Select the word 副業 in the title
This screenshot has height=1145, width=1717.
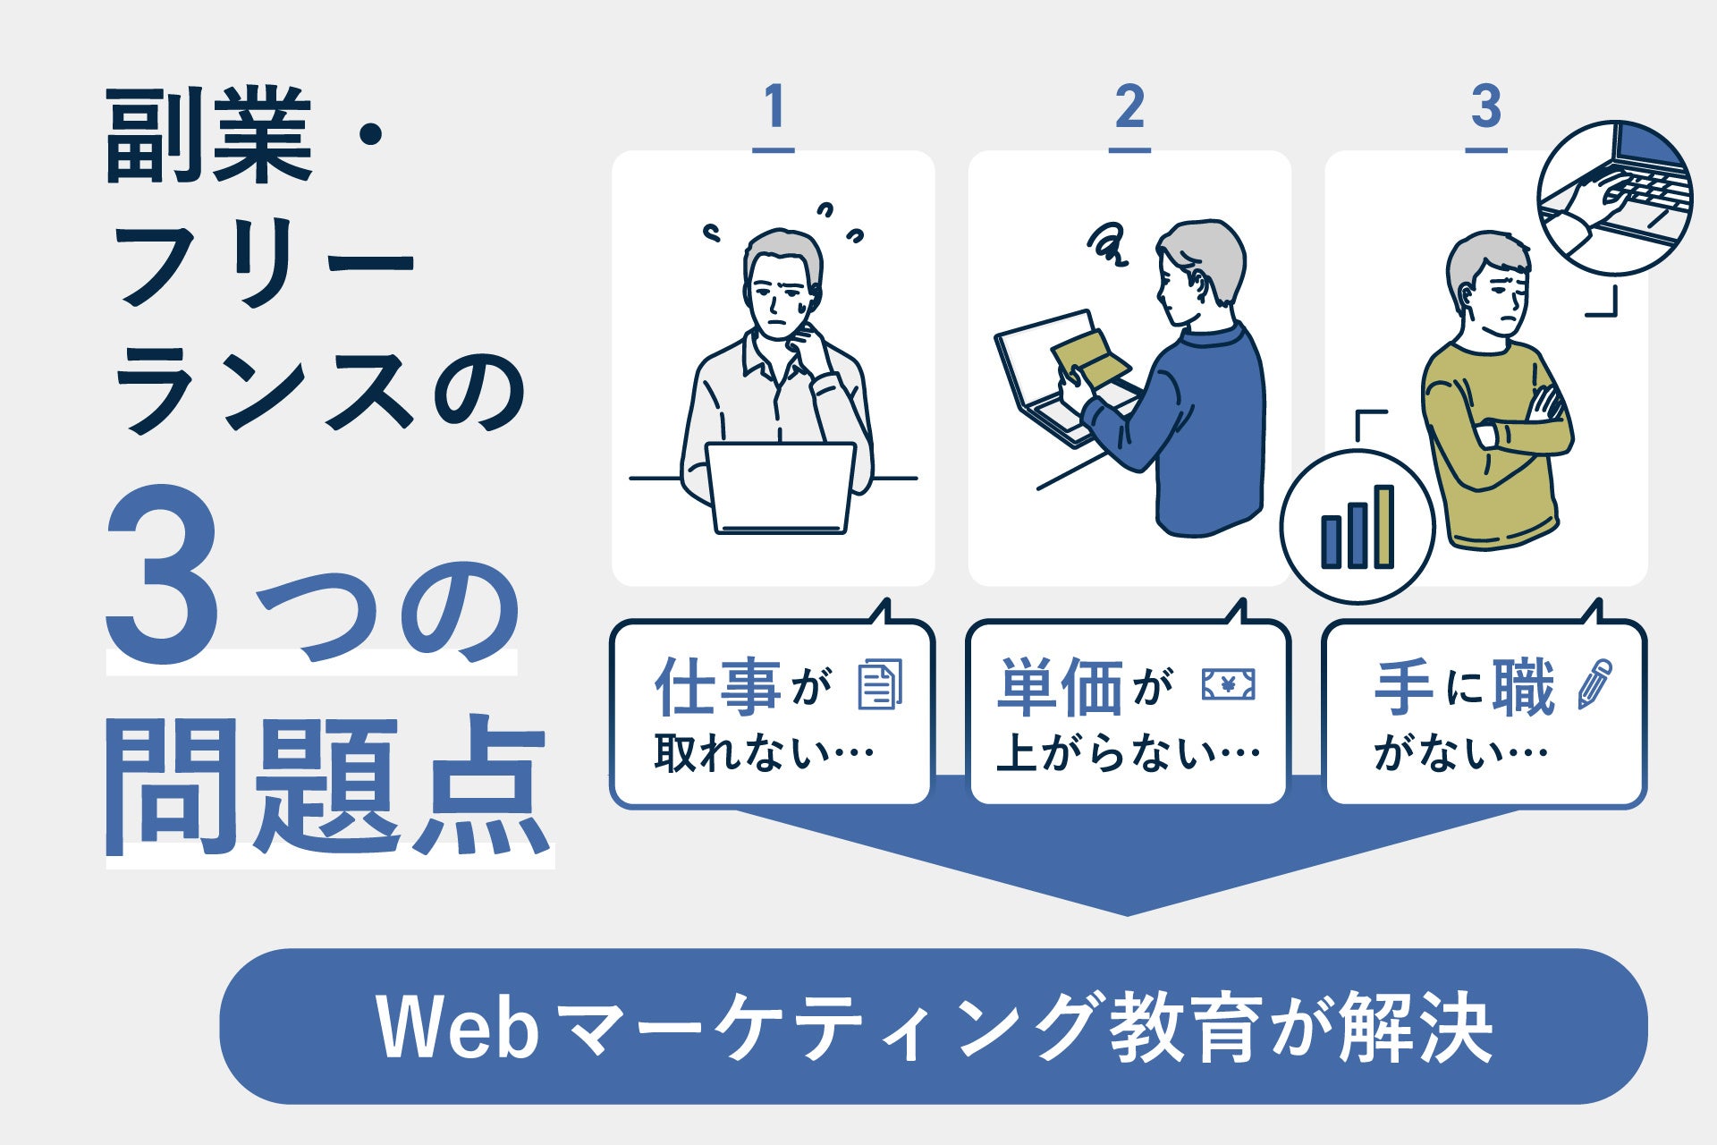(x=208, y=136)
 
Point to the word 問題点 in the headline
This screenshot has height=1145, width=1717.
(x=326, y=787)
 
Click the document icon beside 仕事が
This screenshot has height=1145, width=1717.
(x=880, y=685)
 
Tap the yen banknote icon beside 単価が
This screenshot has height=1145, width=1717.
(x=1227, y=685)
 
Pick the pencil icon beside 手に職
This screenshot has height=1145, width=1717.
(x=1594, y=685)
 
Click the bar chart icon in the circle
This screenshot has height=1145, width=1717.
(x=1357, y=528)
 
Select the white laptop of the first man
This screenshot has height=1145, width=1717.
(x=780, y=488)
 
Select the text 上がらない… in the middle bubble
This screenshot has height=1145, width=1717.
(x=1128, y=753)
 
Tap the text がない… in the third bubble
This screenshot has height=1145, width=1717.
(x=1460, y=753)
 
